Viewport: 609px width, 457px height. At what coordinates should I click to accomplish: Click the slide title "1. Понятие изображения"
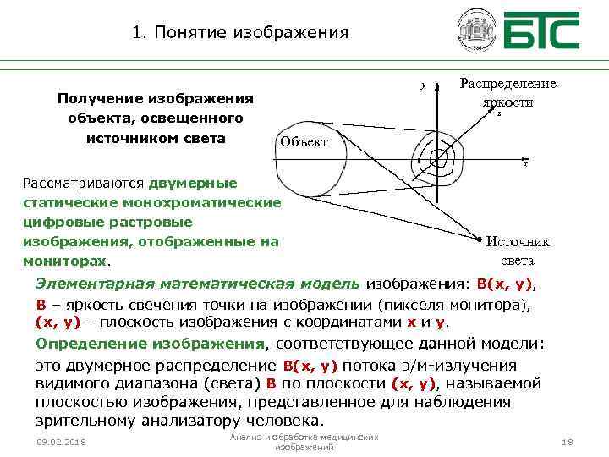240,34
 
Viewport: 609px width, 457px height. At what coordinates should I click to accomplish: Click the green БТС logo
542,31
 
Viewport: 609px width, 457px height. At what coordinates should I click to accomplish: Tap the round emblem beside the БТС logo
476,31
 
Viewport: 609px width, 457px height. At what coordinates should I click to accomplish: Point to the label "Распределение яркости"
507,92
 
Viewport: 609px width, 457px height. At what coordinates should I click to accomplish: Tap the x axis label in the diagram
525,164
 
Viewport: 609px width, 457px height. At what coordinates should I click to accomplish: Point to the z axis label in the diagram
498,113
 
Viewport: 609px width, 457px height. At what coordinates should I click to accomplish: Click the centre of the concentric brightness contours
439,157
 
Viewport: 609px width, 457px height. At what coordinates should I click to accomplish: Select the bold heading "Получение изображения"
156,98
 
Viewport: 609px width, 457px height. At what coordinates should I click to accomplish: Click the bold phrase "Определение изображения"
151,344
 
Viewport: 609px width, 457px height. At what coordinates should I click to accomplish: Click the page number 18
566,443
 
